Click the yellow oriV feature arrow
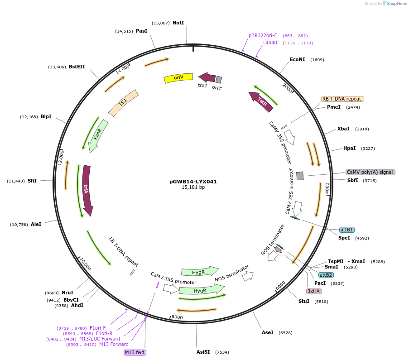coord(178,78)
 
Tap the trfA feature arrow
coord(86,189)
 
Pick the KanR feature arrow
coord(98,134)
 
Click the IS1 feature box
coord(123,103)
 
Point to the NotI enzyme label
coord(178,23)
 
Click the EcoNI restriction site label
coord(298,59)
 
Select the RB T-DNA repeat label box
coord(342,99)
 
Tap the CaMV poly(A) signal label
coord(370,172)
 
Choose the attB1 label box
coord(347,230)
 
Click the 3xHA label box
coord(314,291)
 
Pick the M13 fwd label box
coord(135,352)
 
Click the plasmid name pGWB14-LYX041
coord(193,182)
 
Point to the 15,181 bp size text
coord(193,187)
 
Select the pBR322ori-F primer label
coord(263,35)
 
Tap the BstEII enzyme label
coord(77,67)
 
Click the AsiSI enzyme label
coord(203,352)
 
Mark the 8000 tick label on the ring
coord(177,317)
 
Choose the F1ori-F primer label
coord(97,328)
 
